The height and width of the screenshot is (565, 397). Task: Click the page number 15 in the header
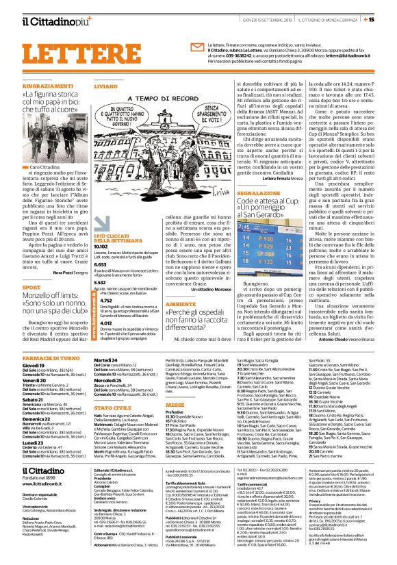click(x=387, y=8)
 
